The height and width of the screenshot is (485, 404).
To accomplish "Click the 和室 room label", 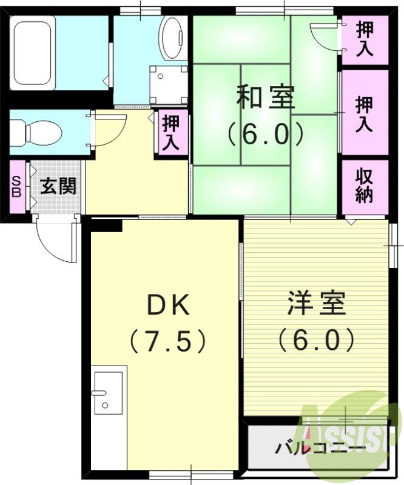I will (x=264, y=98).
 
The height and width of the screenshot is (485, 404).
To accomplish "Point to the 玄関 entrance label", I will (x=58, y=186).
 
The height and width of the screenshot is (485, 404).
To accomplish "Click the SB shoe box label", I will (x=16, y=186).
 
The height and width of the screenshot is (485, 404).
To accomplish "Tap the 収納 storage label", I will (x=364, y=186).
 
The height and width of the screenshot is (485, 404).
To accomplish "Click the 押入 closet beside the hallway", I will (x=172, y=132).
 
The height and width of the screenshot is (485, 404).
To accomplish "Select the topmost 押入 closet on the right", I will (x=364, y=38).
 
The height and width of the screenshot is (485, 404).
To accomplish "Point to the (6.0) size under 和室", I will (x=264, y=135).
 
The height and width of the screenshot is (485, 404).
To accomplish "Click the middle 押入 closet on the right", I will (x=364, y=114).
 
